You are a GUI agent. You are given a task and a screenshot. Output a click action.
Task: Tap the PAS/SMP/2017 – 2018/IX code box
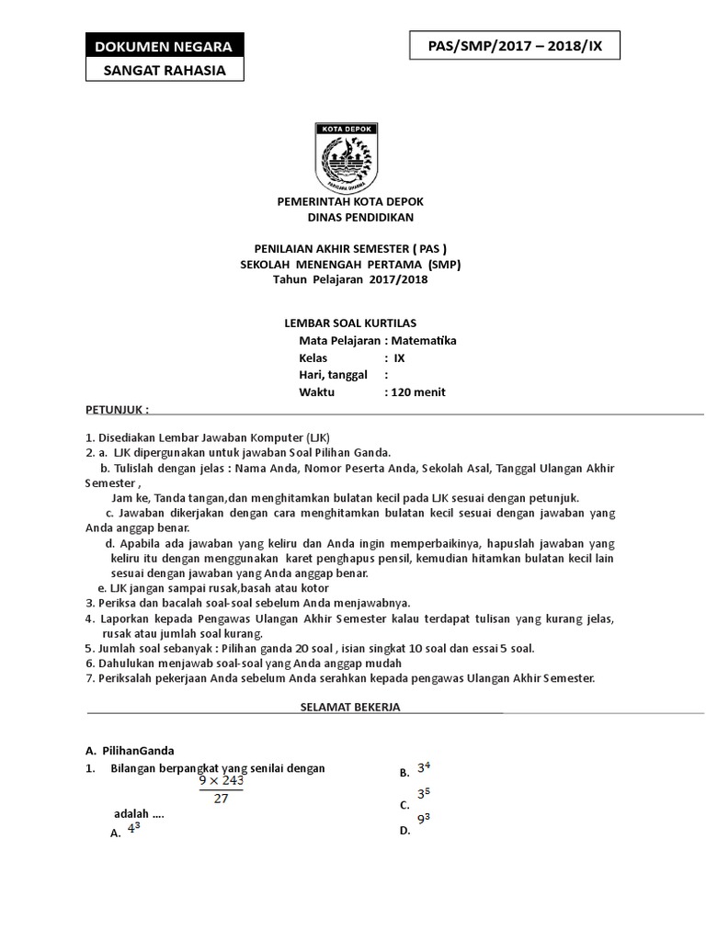point(514,45)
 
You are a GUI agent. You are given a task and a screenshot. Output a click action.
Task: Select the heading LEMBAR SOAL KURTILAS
point(348,323)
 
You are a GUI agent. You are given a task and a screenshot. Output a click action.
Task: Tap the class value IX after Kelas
point(399,357)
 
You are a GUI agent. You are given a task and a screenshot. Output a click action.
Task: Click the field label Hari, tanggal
point(333,375)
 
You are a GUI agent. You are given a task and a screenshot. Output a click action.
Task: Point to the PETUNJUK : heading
point(117,407)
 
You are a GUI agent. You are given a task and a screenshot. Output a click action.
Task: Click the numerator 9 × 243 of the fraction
point(222,781)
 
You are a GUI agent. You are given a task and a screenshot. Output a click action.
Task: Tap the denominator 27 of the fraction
point(221,799)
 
